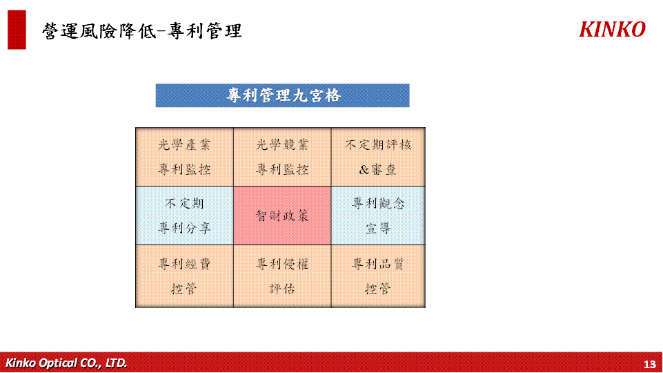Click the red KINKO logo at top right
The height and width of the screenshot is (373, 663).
[x=612, y=30]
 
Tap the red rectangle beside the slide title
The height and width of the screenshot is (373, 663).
[x=17, y=30]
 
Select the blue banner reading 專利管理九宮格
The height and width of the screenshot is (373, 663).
[x=282, y=95]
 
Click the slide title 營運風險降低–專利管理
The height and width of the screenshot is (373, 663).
[x=142, y=31]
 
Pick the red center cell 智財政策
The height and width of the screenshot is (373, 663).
[x=282, y=216]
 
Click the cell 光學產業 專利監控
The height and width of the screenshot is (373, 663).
[x=184, y=157]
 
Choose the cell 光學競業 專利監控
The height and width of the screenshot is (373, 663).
[x=282, y=157]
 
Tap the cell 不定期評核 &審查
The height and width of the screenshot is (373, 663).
[x=378, y=157]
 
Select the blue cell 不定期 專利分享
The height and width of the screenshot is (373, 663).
[x=184, y=216]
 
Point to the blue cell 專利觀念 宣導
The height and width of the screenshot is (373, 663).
[x=378, y=216]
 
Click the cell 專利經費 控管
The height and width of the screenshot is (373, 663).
[x=184, y=276]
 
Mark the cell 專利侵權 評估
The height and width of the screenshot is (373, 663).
[x=282, y=276]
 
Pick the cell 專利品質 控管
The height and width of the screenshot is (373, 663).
[x=378, y=276]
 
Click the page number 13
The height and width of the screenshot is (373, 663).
[x=649, y=364]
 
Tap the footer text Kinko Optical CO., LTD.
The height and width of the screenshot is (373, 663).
[x=66, y=363]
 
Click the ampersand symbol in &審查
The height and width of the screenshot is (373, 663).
[x=364, y=170]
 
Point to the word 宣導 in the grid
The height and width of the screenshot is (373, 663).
[x=378, y=228]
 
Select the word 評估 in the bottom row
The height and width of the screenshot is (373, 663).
[x=282, y=289]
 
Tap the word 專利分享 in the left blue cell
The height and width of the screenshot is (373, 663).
[x=184, y=228]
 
